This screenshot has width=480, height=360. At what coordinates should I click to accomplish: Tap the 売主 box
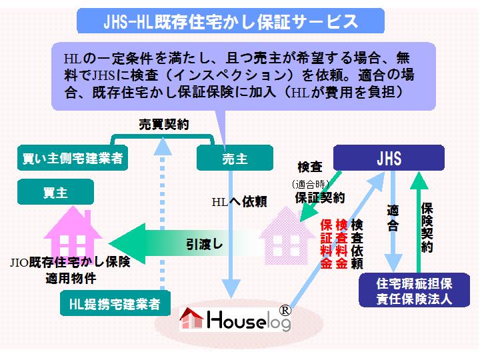click(x=235, y=159)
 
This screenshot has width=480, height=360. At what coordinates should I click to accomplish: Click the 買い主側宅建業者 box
click(x=71, y=159)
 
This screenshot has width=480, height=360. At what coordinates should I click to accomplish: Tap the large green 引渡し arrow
click(x=180, y=243)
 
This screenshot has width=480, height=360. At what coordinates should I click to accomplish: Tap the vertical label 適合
click(x=393, y=217)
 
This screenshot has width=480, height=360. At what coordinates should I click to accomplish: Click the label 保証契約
click(x=319, y=197)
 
